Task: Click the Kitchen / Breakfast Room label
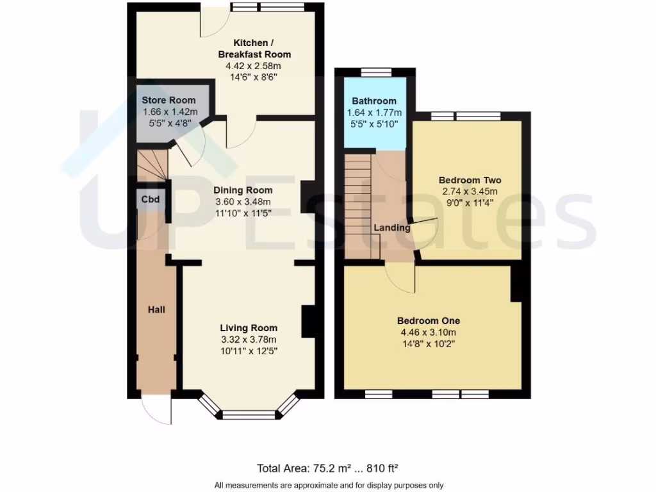[253, 49]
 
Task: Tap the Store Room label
[160, 101]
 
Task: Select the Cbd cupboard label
[151, 199]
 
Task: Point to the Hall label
[156, 310]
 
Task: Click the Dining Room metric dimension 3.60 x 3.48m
[243, 202]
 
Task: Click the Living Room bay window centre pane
[249, 414]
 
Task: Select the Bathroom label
[374, 101]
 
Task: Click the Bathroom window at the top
[370, 72]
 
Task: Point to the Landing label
[392, 228]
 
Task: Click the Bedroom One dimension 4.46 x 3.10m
[428, 332]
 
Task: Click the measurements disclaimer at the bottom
[328, 485]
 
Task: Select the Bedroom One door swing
[401, 277]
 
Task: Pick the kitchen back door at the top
[214, 24]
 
